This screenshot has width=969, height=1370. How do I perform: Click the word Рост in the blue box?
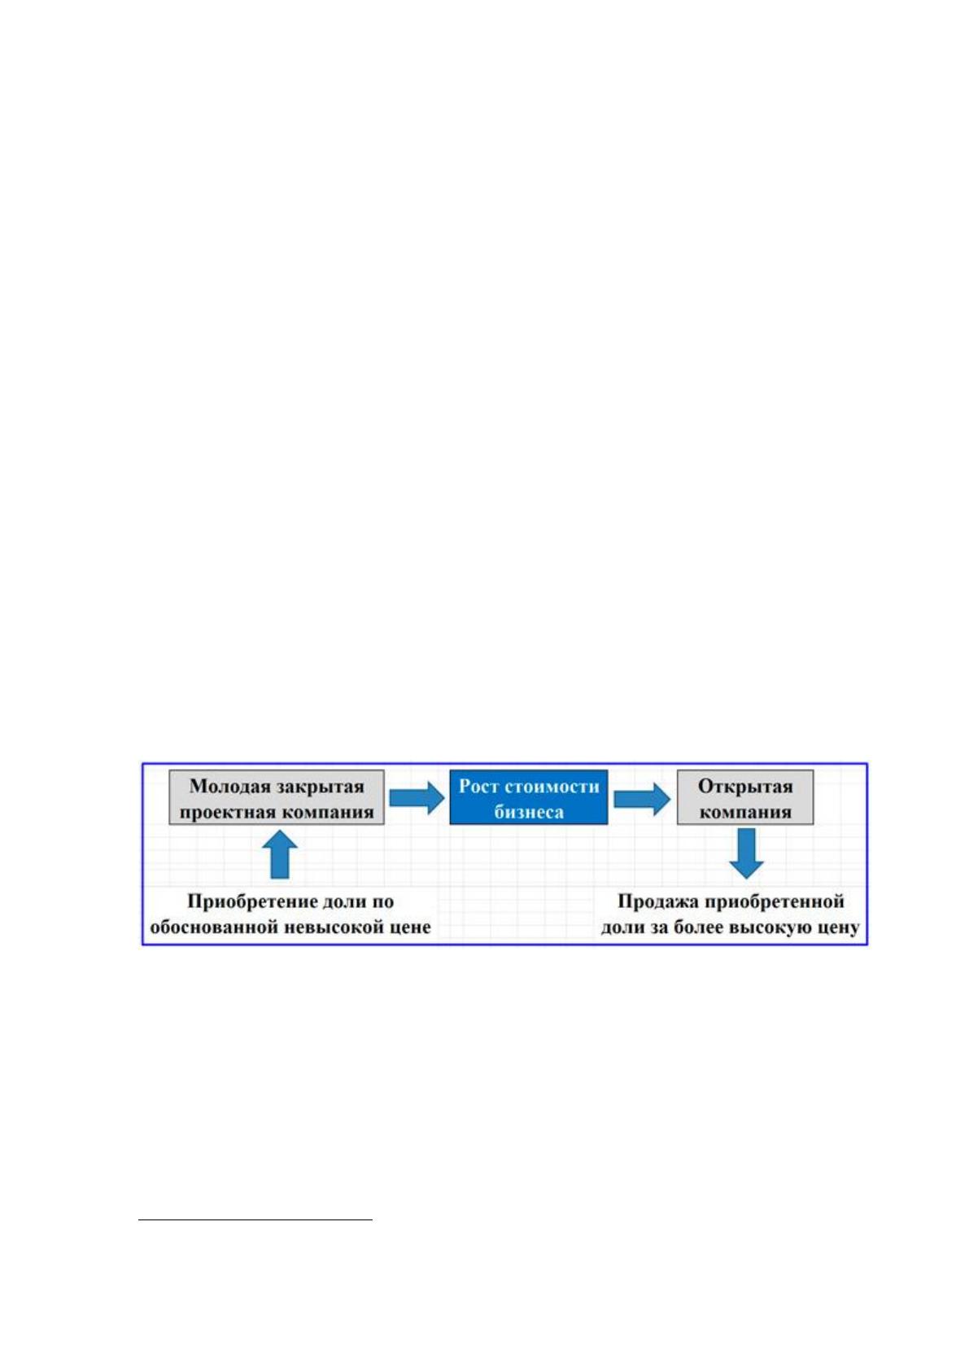point(478,787)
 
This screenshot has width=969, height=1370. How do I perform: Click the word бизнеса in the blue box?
point(529,813)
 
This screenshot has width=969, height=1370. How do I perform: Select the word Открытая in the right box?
point(745,787)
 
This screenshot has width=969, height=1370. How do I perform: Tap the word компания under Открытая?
point(745,813)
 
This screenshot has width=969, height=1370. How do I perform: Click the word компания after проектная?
point(326,813)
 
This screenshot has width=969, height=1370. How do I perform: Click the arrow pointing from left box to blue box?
point(417,798)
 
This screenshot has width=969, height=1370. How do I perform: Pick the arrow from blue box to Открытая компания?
point(642,798)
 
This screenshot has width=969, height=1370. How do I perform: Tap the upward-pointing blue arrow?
point(280,854)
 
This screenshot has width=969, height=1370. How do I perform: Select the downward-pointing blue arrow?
point(746,853)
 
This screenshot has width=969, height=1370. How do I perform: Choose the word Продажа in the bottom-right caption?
point(655,902)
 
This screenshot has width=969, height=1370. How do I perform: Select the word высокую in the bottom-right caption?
point(770,927)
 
